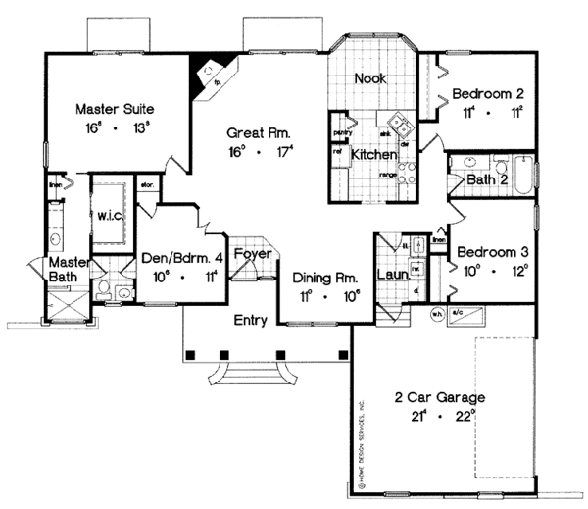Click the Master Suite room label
(x=118, y=108)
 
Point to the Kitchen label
(x=374, y=155)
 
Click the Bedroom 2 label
(x=488, y=94)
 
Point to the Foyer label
(x=252, y=252)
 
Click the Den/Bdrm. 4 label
(x=182, y=261)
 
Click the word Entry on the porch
(x=252, y=321)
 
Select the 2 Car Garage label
(x=444, y=398)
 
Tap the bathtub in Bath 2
(x=521, y=177)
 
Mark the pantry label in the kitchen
(x=342, y=131)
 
